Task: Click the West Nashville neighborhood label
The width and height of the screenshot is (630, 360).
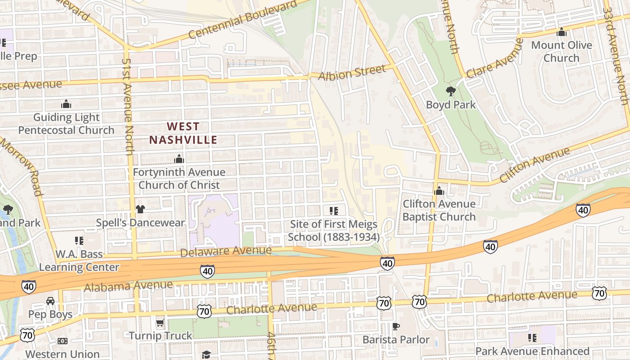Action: [x=183, y=133]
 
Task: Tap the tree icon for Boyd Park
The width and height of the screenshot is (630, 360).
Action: [x=450, y=92]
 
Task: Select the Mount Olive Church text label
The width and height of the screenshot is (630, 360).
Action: [x=561, y=51]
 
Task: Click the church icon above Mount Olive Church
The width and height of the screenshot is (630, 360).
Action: [x=561, y=32]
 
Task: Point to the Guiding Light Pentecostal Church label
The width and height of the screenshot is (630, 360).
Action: [x=67, y=124]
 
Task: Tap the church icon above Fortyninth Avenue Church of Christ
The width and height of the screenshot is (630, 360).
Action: [x=179, y=159]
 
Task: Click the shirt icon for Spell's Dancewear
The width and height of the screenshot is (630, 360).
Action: [x=140, y=209]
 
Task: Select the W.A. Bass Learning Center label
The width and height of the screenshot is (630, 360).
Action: [x=79, y=261]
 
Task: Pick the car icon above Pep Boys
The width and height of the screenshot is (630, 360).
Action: [x=50, y=301]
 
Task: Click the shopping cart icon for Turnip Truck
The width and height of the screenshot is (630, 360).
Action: [x=160, y=323]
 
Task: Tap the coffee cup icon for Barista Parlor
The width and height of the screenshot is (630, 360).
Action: [x=396, y=326]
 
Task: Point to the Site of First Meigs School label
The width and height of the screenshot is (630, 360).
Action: [x=333, y=230]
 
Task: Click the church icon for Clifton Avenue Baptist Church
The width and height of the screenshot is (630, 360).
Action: [x=439, y=191]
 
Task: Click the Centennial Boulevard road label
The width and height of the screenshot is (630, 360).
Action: [x=243, y=20]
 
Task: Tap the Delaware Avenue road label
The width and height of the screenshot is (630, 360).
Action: [x=226, y=251]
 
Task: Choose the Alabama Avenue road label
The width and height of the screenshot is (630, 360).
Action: [x=128, y=286]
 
